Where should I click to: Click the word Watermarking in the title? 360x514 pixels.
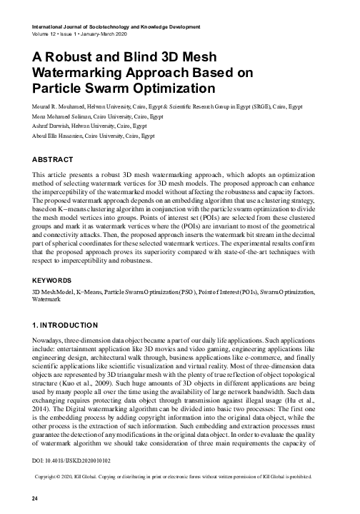point(79,73)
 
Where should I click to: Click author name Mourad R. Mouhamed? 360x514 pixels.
point(59,106)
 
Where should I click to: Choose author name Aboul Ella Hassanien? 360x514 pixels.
point(59,134)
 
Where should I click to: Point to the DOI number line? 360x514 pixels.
point(68,473)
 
